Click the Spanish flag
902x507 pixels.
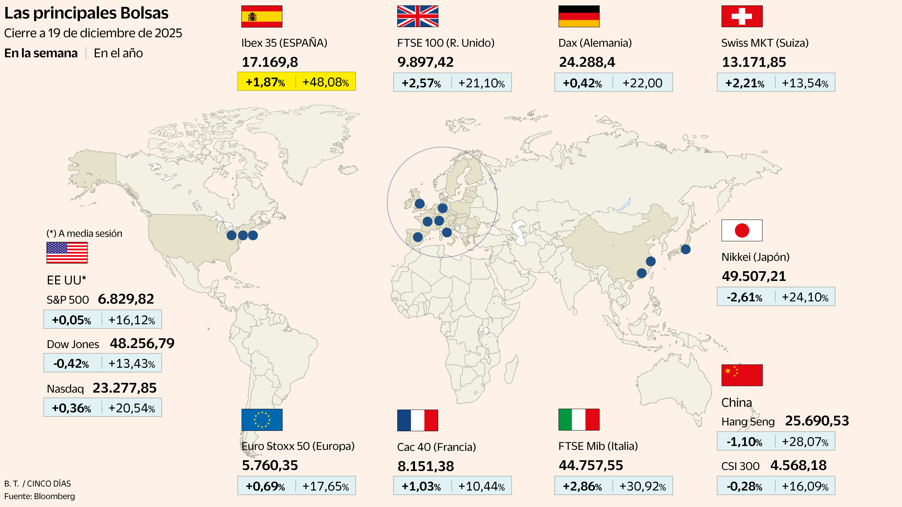pyautogui.click(x=262, y=17)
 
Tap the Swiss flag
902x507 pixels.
pyautogui.click(x=742, y=17)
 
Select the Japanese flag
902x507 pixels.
pyautogui.click(x=742, y=230)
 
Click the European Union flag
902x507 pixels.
pyautogui.click(x=262, y=420)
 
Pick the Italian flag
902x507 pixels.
pyautogui.click(x=578, y=420)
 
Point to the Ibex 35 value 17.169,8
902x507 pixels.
pyautogui.click(x=270, y=62)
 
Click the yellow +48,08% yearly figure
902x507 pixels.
pyautogui.click(x=325, y=82)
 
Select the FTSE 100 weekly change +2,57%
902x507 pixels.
pyautogui.click(x=421, y=83)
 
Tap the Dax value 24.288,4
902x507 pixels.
pyautogui.click(x=587, y=62)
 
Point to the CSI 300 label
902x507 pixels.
pyautogui.click(x=740, y=466)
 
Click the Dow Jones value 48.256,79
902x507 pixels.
pyautogui.click(x=142, y=343)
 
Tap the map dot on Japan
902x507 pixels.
pyautogui.click(x=686, y=249)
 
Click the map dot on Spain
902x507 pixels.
pyautogui.click(x=418, y=237)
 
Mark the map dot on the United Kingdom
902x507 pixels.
pyautogui.click(x=419, y=204)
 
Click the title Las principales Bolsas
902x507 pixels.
pyautogui.click(x=86, y=13)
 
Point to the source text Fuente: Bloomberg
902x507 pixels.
pyautogui.click(x=40, y=496)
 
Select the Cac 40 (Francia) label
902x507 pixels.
pyautogui.click(x=436, y=447)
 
